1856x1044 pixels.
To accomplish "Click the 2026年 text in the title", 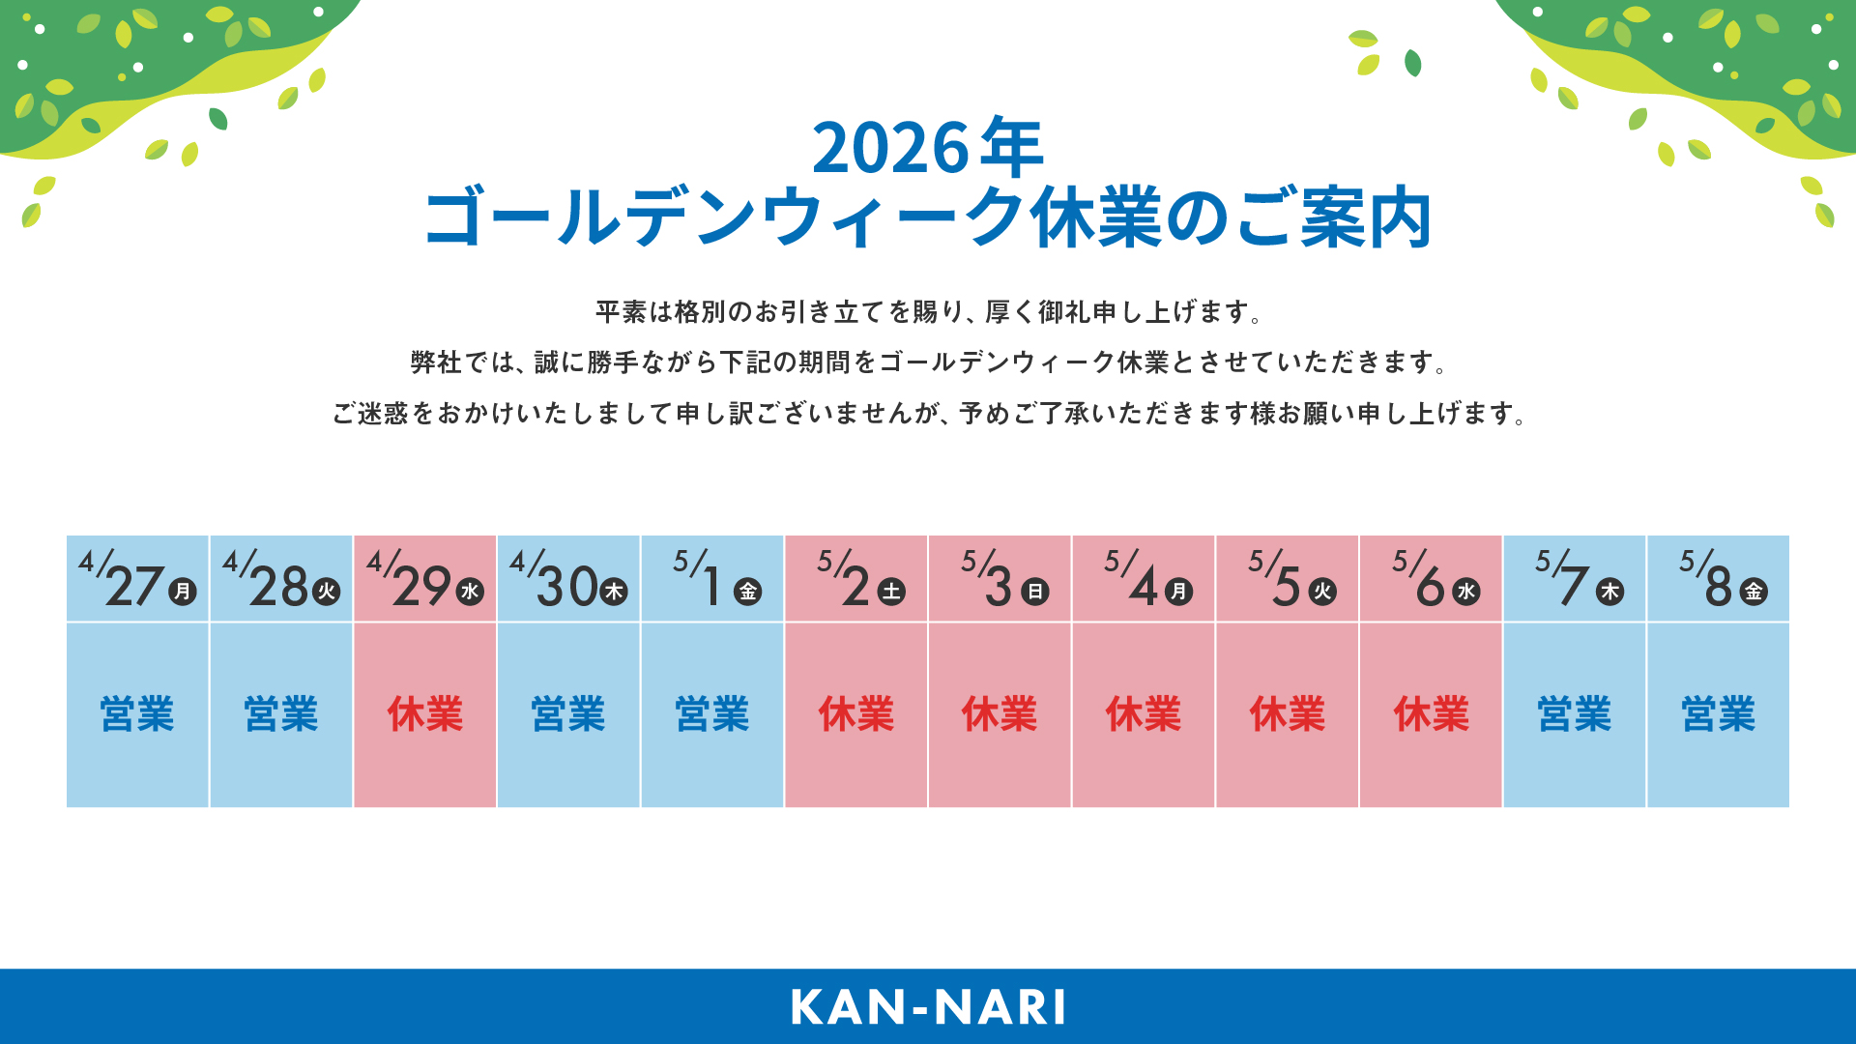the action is [928, 148].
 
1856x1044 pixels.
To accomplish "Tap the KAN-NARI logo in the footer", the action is [928, 1007].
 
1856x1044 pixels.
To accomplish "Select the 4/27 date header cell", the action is [137, 578].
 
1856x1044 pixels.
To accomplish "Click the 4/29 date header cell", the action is [425, 578].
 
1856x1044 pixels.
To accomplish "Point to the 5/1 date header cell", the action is [712, 578].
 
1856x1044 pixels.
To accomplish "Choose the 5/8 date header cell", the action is [1719, 578].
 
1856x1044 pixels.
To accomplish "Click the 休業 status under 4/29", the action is [425, 714].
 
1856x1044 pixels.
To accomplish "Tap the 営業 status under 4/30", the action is [568, 714].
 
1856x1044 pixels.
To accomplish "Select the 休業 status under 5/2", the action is [856, 714].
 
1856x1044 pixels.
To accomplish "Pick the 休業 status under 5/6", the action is [1432, 714].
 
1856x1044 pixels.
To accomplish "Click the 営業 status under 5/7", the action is [1575, 714].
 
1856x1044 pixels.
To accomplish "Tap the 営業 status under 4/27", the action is [137, 714].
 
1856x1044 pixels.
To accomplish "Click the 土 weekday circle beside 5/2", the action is [891, 592].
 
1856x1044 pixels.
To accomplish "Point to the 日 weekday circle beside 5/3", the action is [1035, 592].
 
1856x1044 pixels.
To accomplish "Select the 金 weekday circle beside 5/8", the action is [1754, 592].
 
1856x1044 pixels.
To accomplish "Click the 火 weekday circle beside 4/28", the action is [327, 592].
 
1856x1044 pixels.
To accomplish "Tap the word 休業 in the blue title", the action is [1097, 218].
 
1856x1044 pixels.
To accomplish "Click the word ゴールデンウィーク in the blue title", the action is [725, 218].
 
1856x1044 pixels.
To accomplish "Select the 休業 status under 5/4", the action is [1144, 714].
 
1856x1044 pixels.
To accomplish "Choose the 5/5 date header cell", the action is [1288, 578].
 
